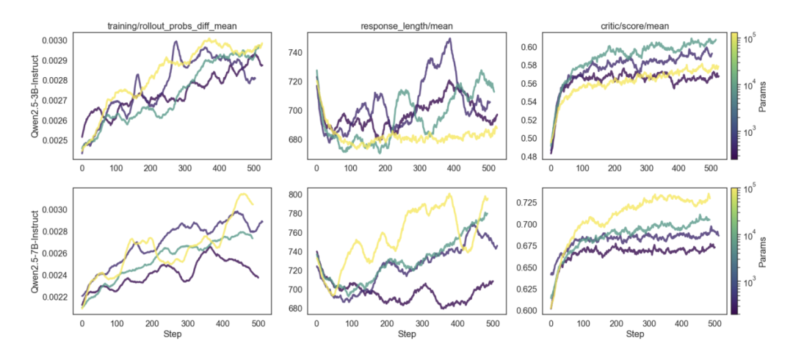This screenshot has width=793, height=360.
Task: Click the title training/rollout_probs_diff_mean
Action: click(173, 26)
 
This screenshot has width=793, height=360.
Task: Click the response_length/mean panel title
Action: click(408, 26)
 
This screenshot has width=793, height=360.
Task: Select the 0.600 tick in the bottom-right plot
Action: click(526, 310)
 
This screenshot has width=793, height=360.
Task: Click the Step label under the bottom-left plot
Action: click(173, 334)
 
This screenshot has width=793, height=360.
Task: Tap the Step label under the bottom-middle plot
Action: click(408, 334)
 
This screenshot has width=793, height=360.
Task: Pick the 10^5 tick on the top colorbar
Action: click(752, 37)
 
